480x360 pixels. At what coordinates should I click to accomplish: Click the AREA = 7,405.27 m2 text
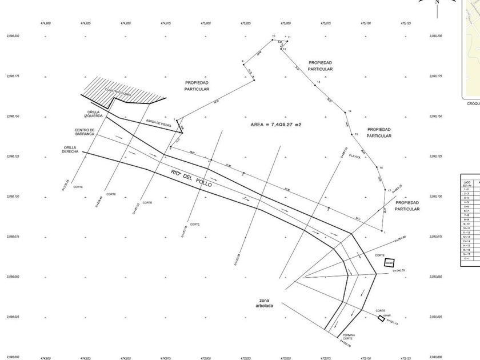(x=276, y=124)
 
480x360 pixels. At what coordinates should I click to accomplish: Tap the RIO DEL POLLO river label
(x=191, y=178)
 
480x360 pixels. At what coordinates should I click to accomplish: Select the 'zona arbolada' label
(x=264, y=303)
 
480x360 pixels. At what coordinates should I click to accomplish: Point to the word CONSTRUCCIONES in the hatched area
(x=118, y=92)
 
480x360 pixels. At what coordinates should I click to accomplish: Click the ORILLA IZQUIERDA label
(x=95, y=114)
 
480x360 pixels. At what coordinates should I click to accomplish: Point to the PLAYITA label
(x=355, y=157)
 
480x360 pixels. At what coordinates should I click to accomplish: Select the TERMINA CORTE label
(x=348, y=337)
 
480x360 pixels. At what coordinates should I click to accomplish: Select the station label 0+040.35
(x=395, y=270)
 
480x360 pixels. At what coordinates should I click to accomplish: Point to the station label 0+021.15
(x=392, y=323)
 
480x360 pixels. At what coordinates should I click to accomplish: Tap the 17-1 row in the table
(x=467, y=258)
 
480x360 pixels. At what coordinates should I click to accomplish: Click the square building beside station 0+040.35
(x=389, y=262)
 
